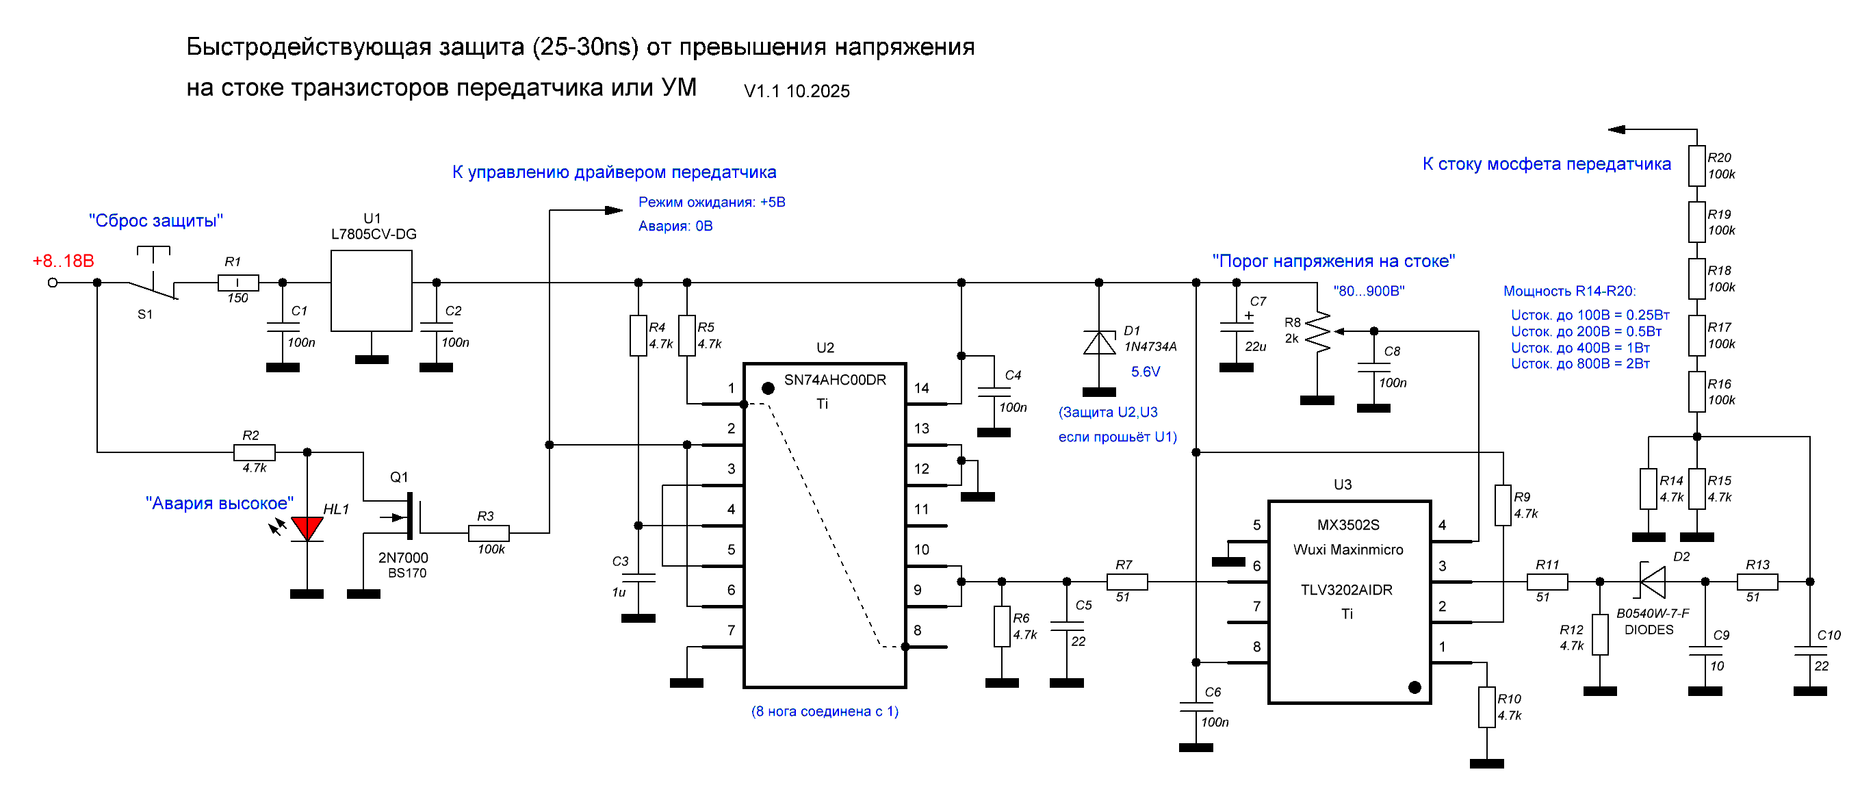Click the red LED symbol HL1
click(307, 528)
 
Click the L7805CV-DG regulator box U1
click(371, 290)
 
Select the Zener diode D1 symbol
click(1098, 343)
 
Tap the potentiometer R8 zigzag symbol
click(1317, 333)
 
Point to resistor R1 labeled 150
click(237, 282)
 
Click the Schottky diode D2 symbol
click(1652, 581)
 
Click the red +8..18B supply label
click(63, 261)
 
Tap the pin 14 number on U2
click(921, 388)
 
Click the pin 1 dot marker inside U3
click(1415, 687)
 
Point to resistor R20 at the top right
click(1696, 166)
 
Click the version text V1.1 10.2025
click(796, 91)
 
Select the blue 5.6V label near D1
click(1145, 372)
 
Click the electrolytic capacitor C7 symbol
click(1236, 326)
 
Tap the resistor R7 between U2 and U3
click(1126, 581)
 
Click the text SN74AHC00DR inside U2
click(835, 380)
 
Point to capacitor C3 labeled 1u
click(638, 578)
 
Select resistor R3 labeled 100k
click(489, 533)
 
